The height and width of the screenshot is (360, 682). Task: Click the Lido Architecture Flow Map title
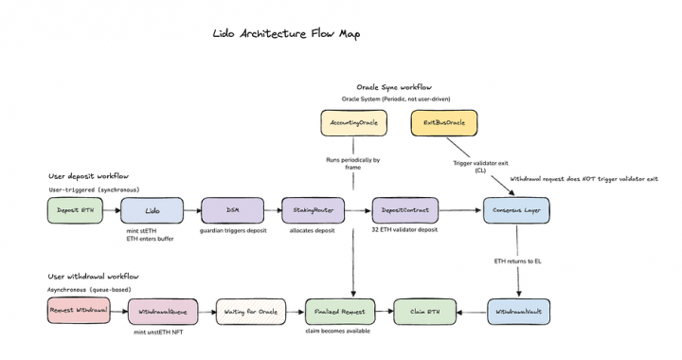point(286,34)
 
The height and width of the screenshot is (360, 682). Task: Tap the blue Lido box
point(153,210)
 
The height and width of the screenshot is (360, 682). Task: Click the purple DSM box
point(231,210)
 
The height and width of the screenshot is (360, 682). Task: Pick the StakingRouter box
point(312,210)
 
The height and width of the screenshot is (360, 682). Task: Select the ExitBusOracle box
point(443,122)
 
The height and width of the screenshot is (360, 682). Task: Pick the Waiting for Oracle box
point(250,310)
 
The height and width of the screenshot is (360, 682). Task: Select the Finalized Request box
point(336,310)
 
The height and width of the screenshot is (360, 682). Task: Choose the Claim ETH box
point(425,310)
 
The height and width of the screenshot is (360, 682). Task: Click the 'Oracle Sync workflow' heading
point(393,87)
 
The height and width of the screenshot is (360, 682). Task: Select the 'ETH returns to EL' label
point(517,260)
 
